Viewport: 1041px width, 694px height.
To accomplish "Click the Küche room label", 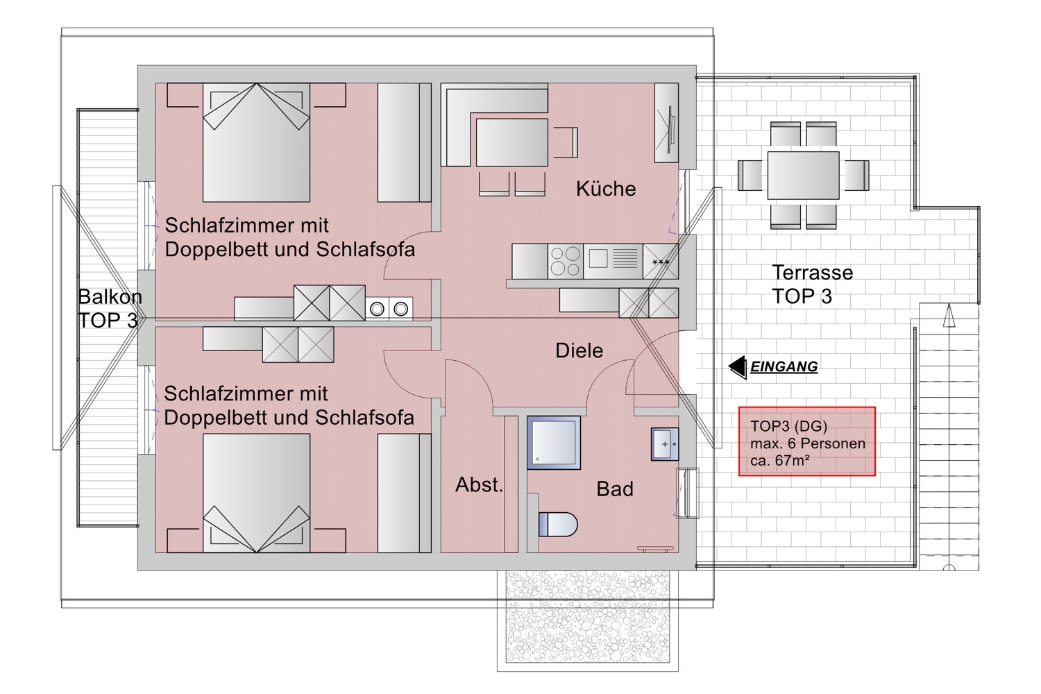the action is (606, 189).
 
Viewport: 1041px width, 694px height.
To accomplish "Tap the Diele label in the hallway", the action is (579, 350).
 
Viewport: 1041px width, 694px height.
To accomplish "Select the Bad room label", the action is (615, 489).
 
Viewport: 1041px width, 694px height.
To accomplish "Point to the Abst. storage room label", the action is (479, 485).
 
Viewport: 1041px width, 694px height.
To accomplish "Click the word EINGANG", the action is (784, 366).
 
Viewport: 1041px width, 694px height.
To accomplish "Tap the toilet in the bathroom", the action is (558, 525).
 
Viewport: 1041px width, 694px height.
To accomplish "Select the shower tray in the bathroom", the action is (554, 443).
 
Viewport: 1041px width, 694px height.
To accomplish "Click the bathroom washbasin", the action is (665, 444).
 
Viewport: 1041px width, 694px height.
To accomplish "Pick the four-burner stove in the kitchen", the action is (566, 261).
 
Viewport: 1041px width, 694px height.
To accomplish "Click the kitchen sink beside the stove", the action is (613, 261).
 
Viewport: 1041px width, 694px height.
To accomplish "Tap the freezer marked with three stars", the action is (661, 261).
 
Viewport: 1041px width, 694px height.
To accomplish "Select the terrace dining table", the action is (803, 176).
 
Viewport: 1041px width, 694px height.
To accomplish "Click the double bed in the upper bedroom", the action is (256, 142).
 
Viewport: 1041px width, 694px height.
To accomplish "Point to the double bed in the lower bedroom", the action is (256, 493).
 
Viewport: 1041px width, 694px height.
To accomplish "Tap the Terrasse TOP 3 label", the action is (813, 285).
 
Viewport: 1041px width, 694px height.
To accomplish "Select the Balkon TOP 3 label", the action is (110, 309).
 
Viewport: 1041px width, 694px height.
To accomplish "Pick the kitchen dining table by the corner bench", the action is (512, 142).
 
